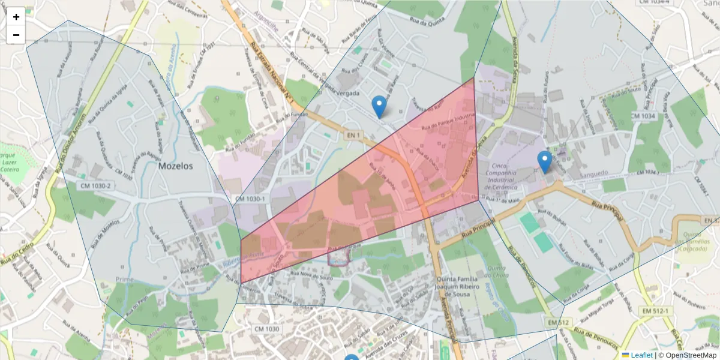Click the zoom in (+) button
(16, 17)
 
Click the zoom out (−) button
(16, 35)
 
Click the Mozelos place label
(176, 166)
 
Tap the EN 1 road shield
(353, 136)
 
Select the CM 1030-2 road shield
(95, 186)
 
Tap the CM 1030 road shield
(266, 329)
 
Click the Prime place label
(124, 280)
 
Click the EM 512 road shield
(557, 323)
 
